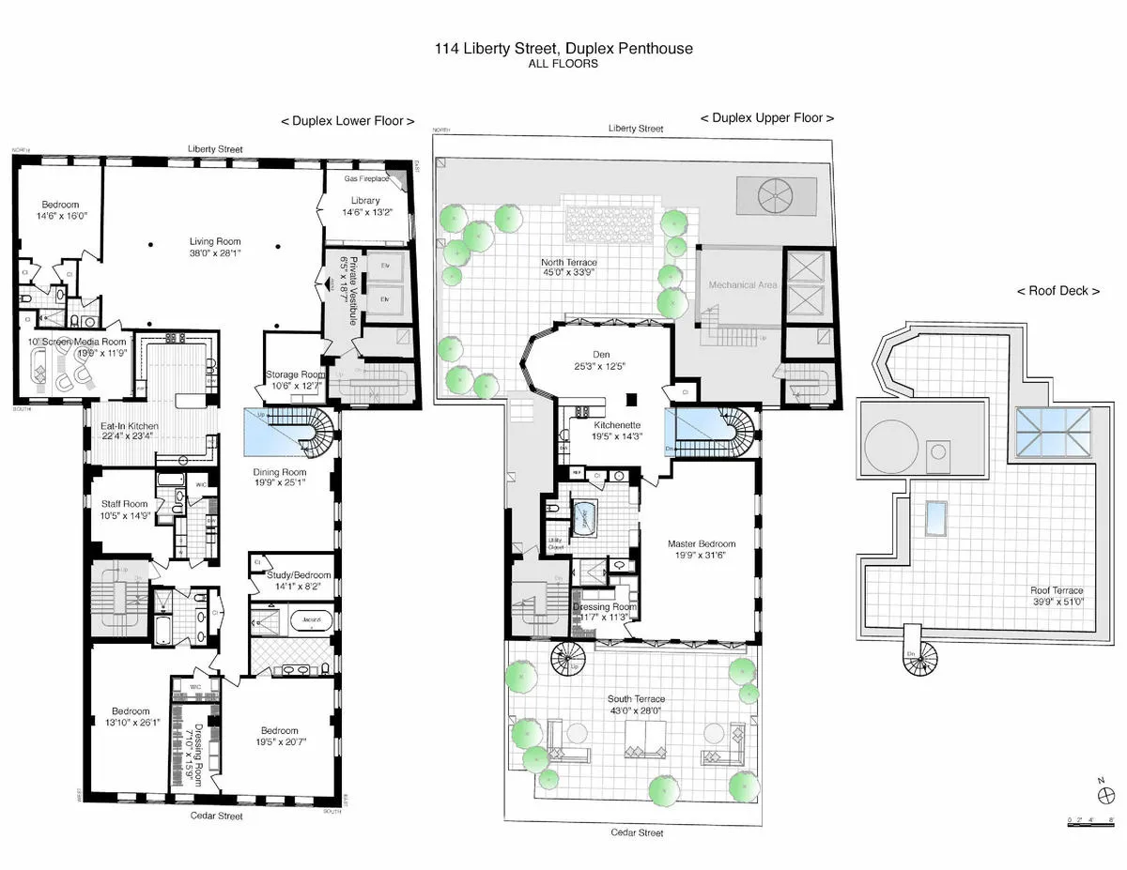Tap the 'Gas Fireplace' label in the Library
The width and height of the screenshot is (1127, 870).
365,178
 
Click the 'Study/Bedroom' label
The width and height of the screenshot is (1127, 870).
290,575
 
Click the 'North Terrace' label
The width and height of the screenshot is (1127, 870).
569,263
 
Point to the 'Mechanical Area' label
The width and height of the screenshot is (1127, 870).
742,284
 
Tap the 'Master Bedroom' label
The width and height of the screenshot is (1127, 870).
701,543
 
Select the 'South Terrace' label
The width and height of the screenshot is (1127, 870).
636,699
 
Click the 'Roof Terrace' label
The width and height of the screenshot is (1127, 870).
1057,591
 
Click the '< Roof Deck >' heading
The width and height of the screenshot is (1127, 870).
1058,291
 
